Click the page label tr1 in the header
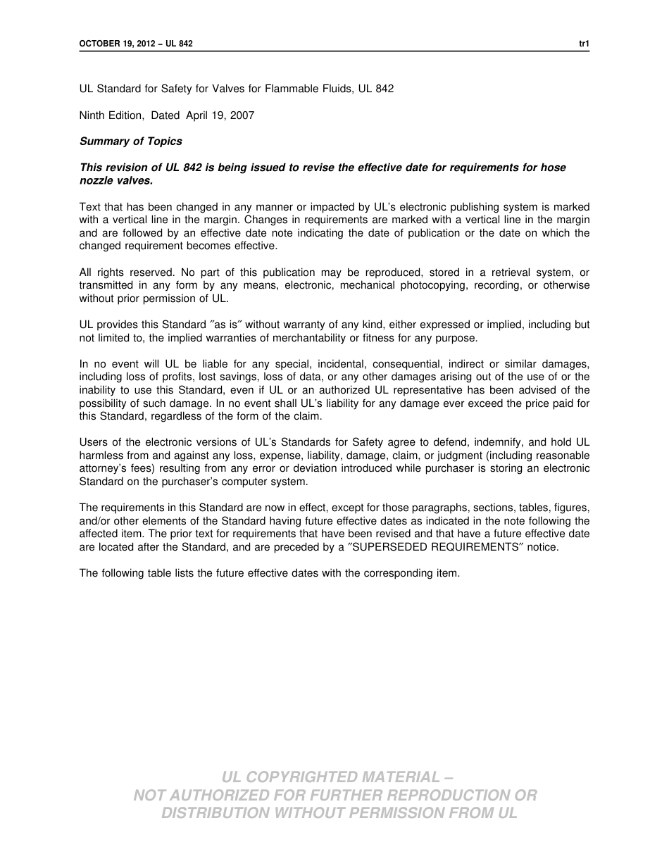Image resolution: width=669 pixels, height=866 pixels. pos(584,44)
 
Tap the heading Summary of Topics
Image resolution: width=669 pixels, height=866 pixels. pos(130,142)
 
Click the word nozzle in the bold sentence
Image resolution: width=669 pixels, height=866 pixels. pos(95,180)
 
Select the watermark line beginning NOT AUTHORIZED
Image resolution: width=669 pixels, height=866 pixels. pos(335,795)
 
